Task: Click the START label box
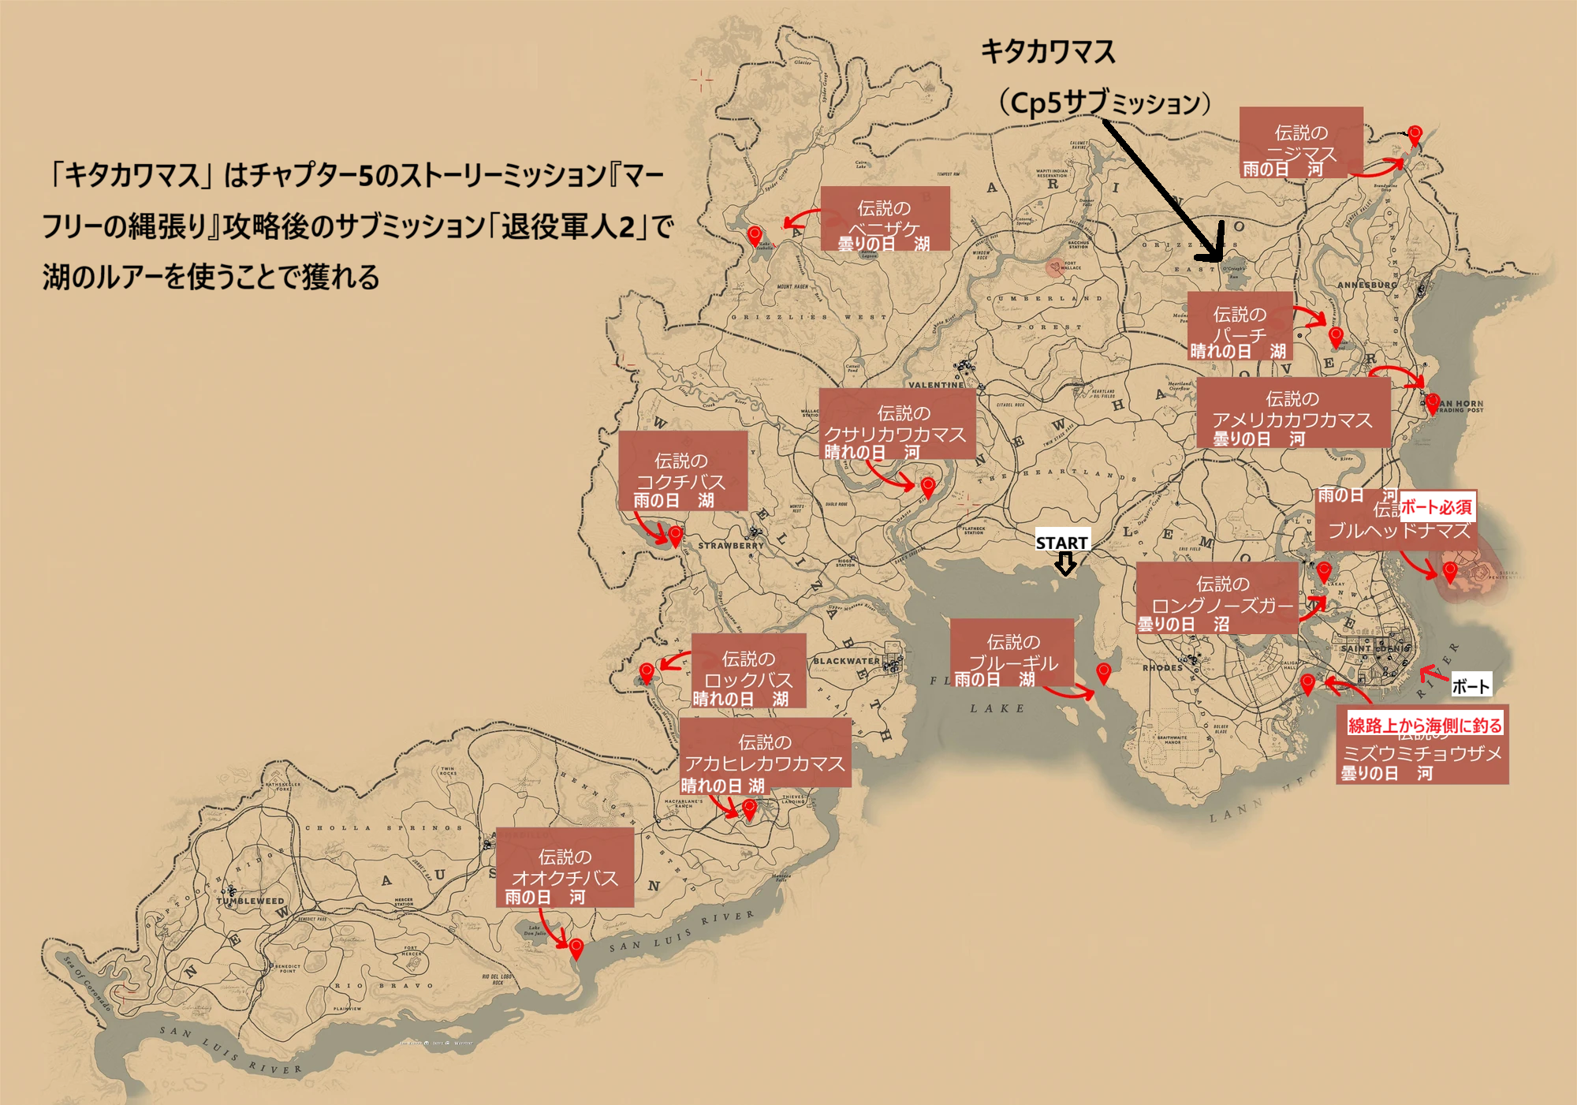1061,542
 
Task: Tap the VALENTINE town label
936,385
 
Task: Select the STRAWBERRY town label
730,545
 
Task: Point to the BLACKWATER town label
845,661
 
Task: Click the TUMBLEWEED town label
250,901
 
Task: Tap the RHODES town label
1162,667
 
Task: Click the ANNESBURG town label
1366,285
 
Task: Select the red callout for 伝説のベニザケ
885,218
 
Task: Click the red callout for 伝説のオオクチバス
565,867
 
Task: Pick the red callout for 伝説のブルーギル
1012,652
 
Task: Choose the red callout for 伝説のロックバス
748,670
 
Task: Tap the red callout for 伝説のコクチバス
682,470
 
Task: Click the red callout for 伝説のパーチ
1240,325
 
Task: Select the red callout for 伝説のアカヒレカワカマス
764,752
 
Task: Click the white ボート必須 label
1436,507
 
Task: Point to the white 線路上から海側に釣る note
1425,725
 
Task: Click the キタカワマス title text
1048,52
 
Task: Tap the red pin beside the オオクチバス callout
576,947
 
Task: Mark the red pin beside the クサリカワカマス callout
928,486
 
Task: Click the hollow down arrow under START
1065,563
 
